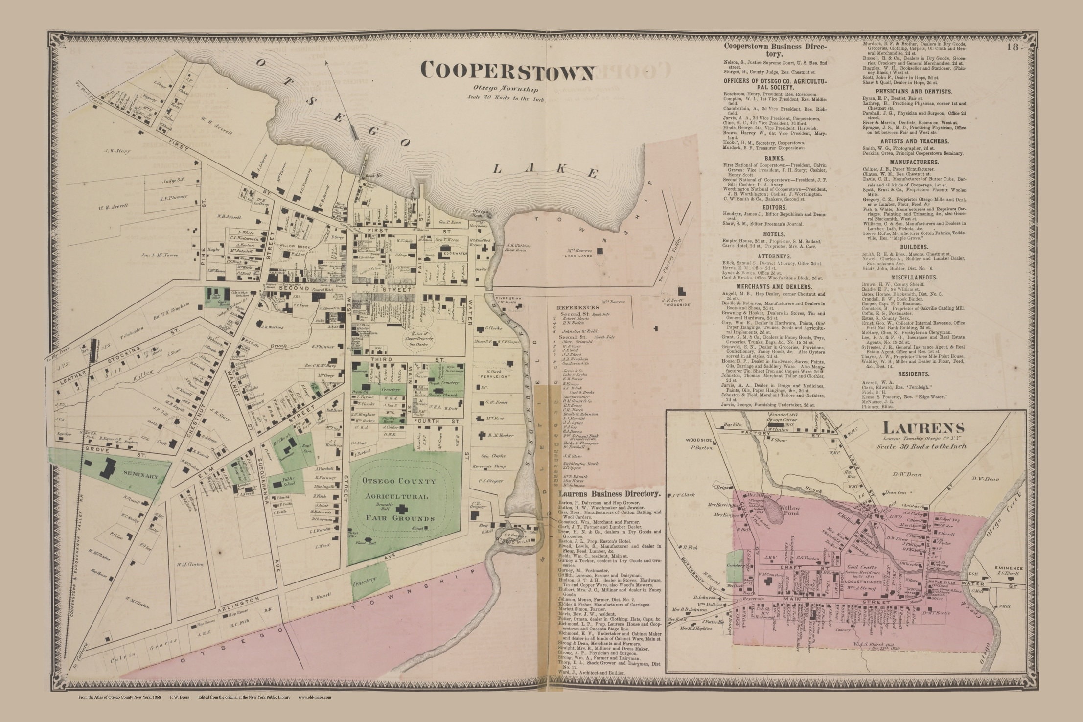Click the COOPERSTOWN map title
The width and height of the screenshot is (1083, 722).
[507, 72]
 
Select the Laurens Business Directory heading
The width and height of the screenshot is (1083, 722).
[609, 494]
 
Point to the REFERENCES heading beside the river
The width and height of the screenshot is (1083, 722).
[578, 307]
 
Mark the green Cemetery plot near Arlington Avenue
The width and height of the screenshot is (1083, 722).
[370, 581]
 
